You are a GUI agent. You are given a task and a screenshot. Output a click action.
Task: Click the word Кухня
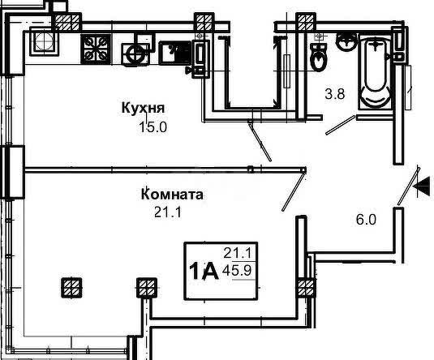[x=143, y=108]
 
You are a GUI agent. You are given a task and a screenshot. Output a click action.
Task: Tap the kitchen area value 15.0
[x=153, y=127]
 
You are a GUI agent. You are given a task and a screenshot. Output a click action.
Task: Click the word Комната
[x=172, y=195]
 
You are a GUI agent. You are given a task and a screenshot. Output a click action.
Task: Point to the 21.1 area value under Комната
[x=167, y=212]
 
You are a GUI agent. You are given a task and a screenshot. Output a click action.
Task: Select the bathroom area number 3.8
[x=335, y=94]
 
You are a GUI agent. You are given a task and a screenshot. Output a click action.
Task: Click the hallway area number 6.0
[x=366, y=220]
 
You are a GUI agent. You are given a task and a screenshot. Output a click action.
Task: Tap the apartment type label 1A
[x=204, y=271]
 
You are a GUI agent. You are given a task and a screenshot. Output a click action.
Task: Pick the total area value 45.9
[x=237, y=270]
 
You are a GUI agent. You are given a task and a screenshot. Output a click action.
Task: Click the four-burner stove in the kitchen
[x=96, y=49]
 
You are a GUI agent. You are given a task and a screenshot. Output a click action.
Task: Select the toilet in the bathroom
[x=319, y=58]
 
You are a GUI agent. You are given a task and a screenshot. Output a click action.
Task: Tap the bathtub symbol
[x=375, y=73]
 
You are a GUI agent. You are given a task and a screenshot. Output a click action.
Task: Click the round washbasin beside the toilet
[x=346, y=42]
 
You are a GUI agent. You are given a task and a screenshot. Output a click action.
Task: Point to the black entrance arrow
[x=422, y=186]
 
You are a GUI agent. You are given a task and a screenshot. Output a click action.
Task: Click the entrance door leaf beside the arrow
[x=409, y=186]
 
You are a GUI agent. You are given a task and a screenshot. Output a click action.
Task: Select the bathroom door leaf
[x=340, y=125]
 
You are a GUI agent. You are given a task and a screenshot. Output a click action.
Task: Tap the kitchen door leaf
[x=260, y=142]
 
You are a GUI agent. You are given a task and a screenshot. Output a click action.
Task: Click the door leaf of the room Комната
[x=294, y=191]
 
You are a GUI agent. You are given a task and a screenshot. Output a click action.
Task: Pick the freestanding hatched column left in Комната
[x=71, y=288]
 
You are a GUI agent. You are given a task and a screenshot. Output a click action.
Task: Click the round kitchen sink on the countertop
[x=135, y=54]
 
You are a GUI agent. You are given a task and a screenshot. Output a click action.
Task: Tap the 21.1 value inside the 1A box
[x=237, y=253]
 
